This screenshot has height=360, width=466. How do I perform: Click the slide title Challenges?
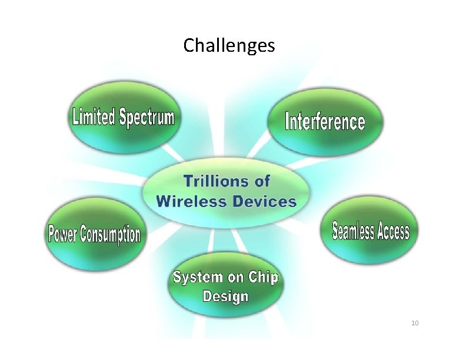pyautogui.click(x=229, y=45)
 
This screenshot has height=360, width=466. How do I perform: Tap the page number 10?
pyautogui.click(x=414, y=324)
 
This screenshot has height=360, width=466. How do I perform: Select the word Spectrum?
pyautogui.click(x=147, y=117)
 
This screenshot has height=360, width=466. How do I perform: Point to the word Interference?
pyautogui.click(x=325, y=122)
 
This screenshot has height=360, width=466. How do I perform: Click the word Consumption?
pyautogui.click(x=111, y=235)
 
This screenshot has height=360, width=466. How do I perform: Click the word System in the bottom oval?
pyautogui.click(x=197, y=277)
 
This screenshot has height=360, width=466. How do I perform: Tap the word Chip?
pyautogui.click(x=262, y=277)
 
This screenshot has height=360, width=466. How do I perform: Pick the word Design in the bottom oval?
pyautogui.click(x=225, y=296)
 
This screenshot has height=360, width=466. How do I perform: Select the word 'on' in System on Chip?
pyautogui.click(x=234, y=278)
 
